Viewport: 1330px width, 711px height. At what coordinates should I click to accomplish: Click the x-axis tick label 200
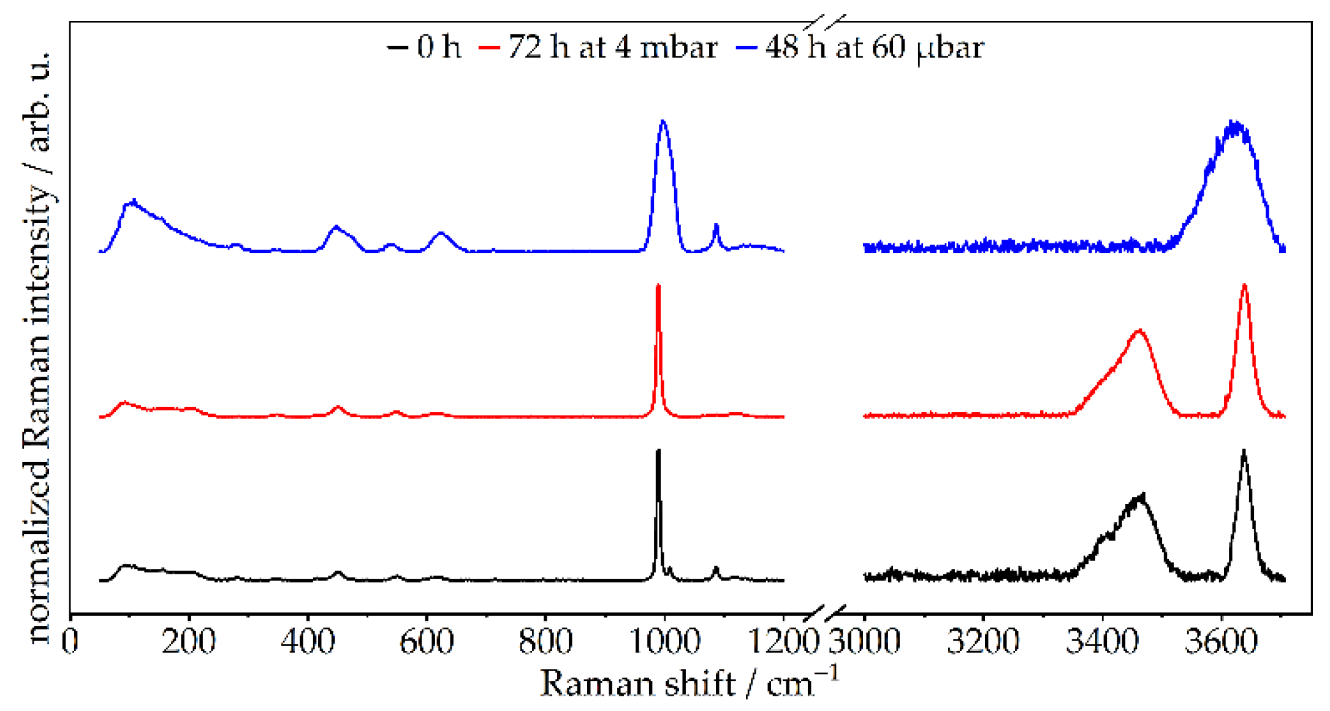(188, 641)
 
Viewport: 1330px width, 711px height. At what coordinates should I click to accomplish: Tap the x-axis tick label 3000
(864, 641)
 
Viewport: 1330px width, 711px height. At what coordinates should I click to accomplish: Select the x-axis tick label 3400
(1102, 641)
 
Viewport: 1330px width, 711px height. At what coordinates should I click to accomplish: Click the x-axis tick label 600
(426, 641)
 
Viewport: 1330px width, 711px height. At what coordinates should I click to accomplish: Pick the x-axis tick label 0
(70, 641)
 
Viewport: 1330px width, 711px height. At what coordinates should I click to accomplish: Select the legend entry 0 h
(424, 47)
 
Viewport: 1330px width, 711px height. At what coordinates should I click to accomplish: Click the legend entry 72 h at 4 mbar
(598, 47)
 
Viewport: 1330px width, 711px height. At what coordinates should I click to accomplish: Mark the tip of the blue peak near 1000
(663, 121)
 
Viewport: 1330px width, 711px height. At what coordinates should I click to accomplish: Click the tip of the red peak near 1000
(658, 286)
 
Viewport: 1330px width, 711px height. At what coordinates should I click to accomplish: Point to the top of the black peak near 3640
(1244, 451)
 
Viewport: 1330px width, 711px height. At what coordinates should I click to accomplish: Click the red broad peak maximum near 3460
(1139, 330)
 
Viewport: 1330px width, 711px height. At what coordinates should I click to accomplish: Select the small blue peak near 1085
(715, 226)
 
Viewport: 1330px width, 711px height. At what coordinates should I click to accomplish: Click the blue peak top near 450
(335, 227)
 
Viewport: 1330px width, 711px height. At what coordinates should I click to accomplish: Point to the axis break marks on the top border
(825, 23)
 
